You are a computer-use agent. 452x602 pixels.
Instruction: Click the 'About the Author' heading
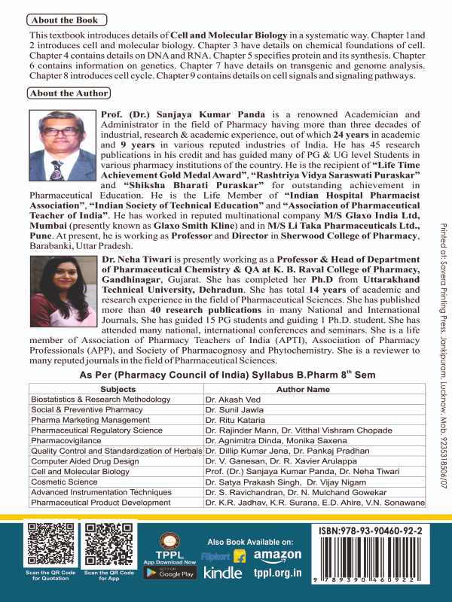click(69, 93)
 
